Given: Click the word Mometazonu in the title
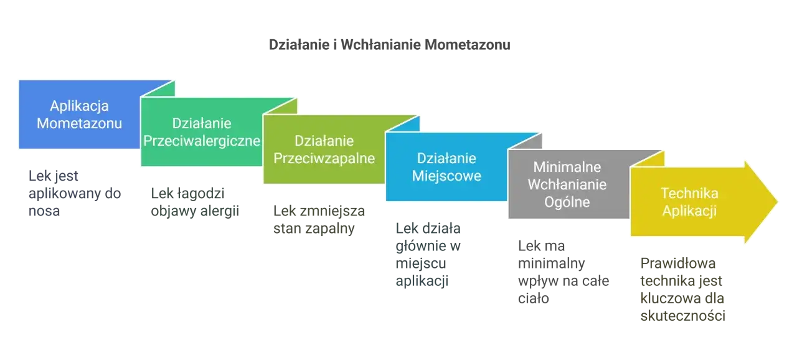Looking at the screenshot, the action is pyautogui.click(x=468, y=45).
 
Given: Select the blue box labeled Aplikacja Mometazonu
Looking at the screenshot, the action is pyautogui.click(x=79, y=114).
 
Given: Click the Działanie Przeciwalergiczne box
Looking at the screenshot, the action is pyautogui.click(x=202, y=131).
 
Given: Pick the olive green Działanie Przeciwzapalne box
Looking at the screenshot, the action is pyautogui.click(x=324, y=149).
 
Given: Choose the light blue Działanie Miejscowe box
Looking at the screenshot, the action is pyautogui.click(x=446, y=166).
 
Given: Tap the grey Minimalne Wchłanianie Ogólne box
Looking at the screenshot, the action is pyautogui.click(x=568, y=184).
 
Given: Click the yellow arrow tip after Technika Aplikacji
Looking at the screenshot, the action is pyautogui.click(x=778, y=202).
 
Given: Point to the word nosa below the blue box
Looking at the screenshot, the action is pyautogui.click(x=44, y=211).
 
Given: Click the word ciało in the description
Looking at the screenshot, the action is pyautogui.click(x=534, y=298).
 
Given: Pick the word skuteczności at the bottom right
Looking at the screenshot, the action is pyautogui.click(x=683, y=316).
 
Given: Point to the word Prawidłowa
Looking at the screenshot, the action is pyautogui.click(x=678, y=263).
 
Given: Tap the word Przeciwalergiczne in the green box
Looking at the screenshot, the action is pyautogui.click(x=202, y=141).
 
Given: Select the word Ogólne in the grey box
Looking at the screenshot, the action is pyautogui.click(x=567, y=202).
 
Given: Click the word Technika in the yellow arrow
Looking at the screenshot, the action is pyautogui.click(x=689, y=194).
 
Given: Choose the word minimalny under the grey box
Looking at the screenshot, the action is pyautogui.click(x=552, y=263).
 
